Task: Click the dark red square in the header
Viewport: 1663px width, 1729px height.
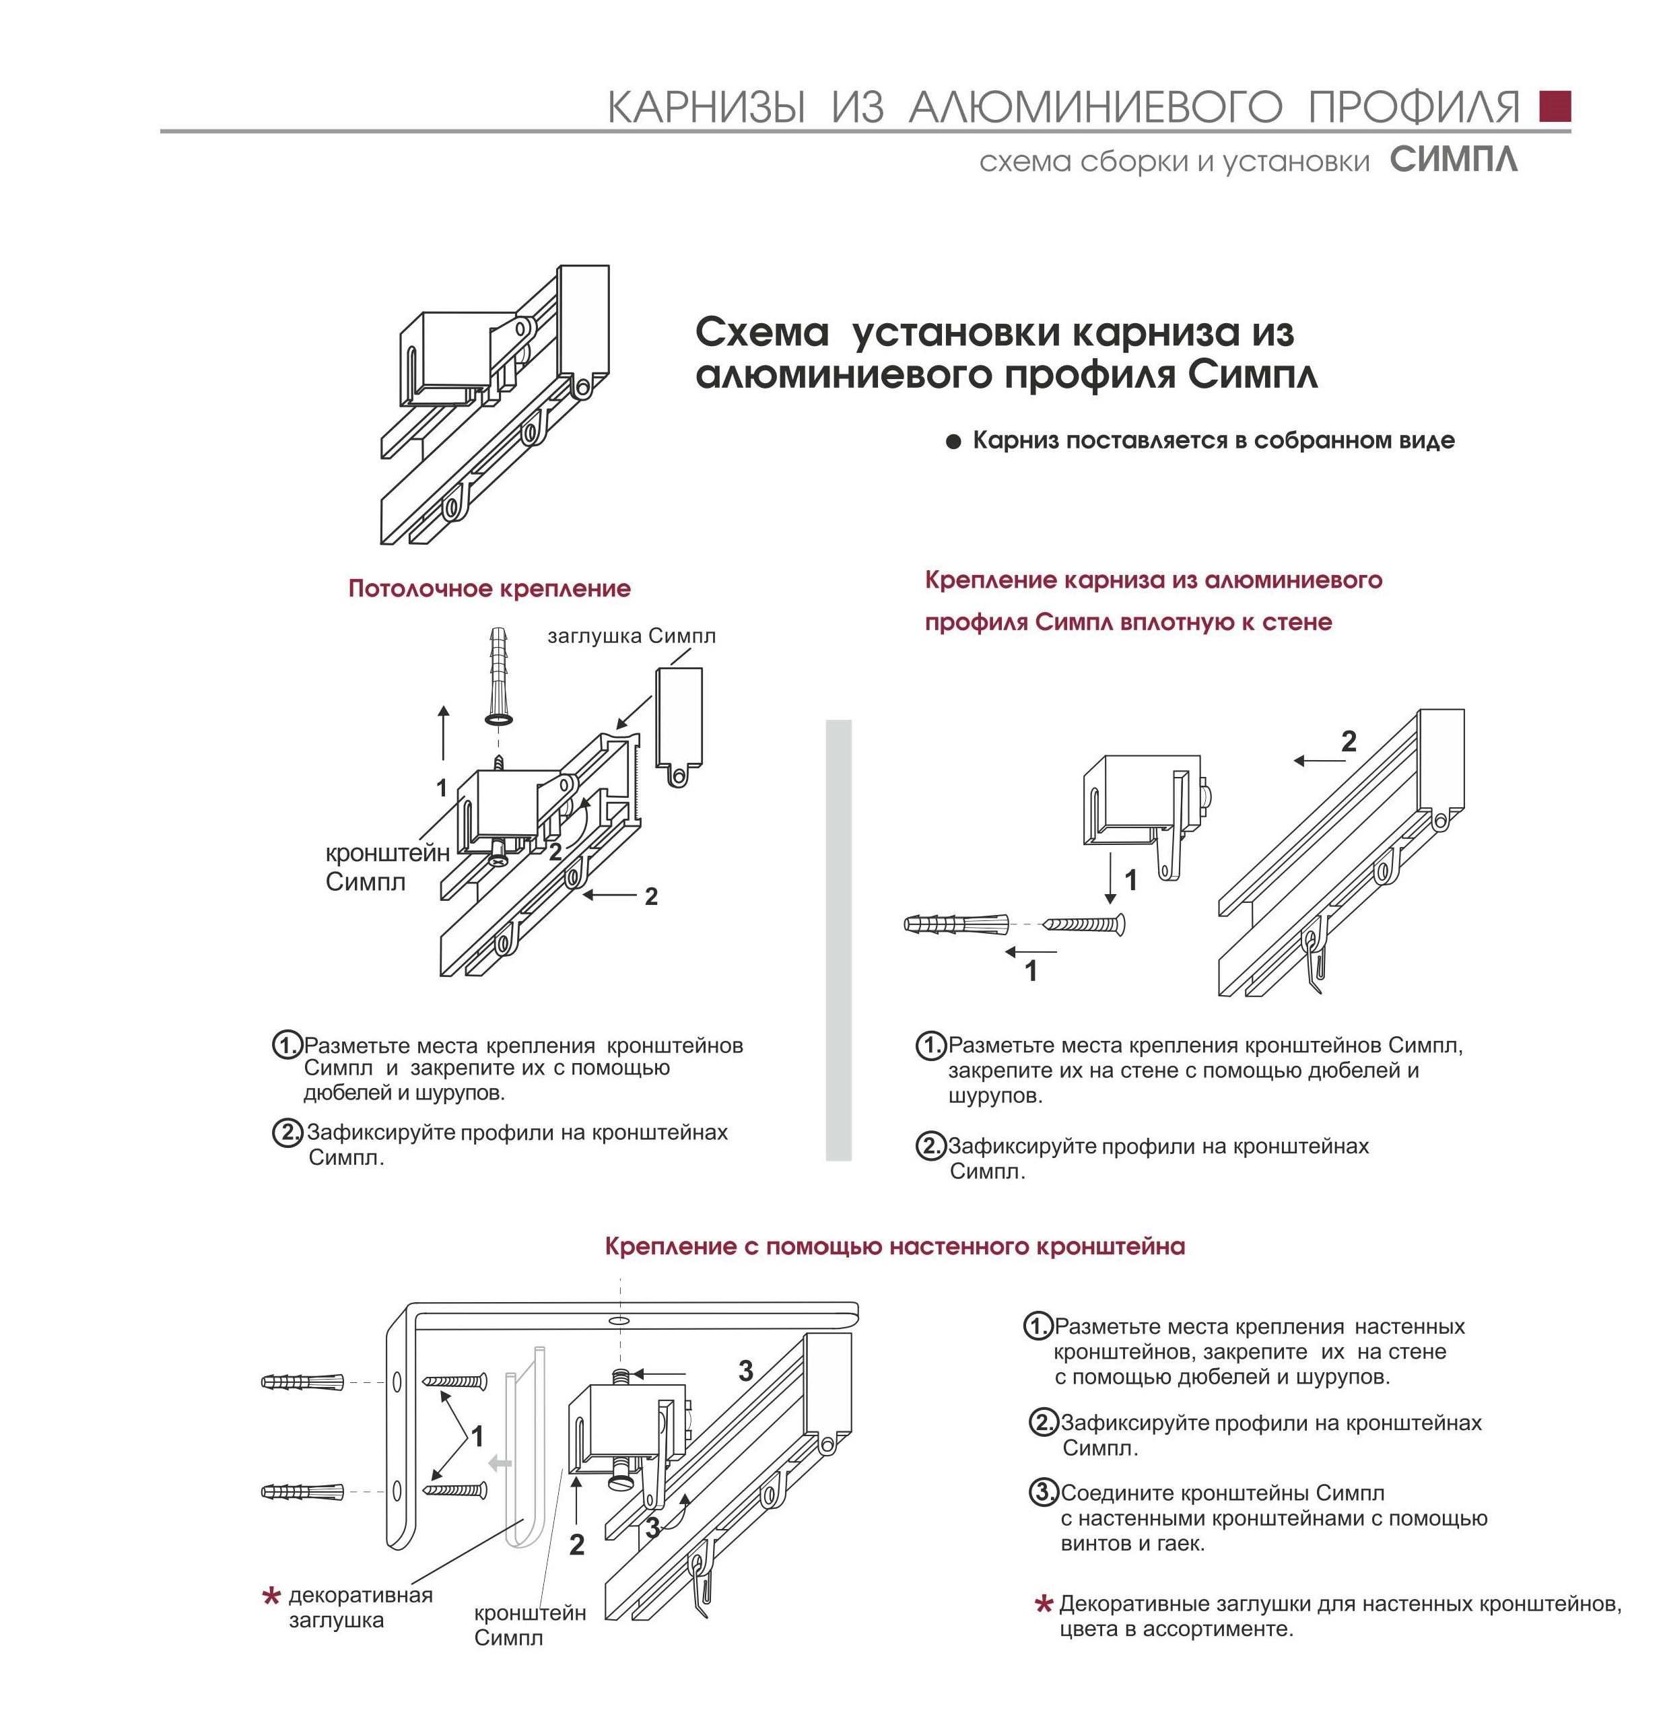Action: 1555,106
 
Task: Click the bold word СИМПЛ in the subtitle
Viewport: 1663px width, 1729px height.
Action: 1453,160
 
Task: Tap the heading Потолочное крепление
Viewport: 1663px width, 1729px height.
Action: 489,588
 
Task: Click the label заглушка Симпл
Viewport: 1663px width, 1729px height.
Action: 631,635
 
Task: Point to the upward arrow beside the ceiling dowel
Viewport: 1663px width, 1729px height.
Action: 443,732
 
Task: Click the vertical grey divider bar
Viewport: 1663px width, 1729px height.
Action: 838,939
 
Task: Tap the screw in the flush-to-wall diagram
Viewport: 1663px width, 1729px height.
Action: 1084,924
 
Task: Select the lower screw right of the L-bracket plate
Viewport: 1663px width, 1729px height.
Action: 455,1491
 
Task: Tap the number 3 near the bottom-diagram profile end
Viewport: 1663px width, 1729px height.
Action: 745,1371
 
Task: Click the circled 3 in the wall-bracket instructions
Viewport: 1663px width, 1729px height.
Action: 1044,1493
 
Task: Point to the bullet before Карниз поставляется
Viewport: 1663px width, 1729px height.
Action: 953,441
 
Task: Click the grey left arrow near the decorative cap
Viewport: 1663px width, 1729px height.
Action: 500,1464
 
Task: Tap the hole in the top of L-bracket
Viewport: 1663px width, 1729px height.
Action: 619,1320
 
